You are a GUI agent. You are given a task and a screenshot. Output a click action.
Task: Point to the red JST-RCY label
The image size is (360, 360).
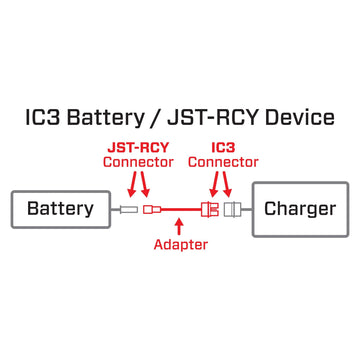pos(139,146)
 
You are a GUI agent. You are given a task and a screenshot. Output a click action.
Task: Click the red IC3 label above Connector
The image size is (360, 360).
pos(223,146)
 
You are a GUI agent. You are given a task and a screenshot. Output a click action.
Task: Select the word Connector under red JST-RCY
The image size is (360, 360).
pos(139,162)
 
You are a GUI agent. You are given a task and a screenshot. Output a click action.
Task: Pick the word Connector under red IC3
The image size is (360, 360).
pos(223,162)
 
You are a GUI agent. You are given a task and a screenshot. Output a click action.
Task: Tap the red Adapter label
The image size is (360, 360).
pos(180,243)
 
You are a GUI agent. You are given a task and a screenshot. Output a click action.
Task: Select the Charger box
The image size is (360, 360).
pos(301,209)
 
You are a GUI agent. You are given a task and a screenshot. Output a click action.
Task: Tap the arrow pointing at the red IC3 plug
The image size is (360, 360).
pos(213,185)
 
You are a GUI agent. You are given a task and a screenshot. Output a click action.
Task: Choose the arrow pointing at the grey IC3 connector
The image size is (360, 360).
pos(230,185)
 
